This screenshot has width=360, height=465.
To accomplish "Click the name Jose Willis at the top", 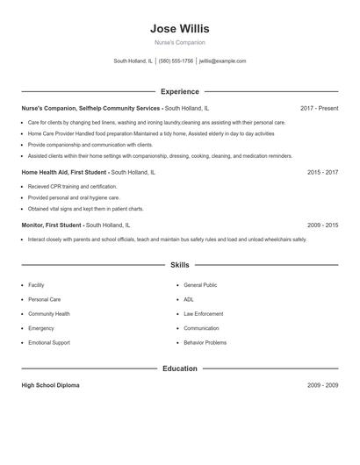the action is [x=180, y=28].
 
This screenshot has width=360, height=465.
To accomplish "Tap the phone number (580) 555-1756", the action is [x=176, y=61].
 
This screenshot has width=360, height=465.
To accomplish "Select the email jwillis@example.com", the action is [x=223, y=61].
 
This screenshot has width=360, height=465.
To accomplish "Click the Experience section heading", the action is [x=180, y=91].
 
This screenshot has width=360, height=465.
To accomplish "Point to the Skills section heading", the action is [x=180, y=264].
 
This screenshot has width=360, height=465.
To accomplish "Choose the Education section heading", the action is [x=180, y=368].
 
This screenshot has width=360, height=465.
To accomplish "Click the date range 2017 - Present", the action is [x=319, y=108].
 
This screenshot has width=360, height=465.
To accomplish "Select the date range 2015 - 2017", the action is [x=322, y=173].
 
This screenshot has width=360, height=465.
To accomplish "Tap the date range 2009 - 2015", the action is [x=322, y=225].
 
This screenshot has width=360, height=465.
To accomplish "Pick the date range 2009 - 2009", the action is [x=322, y=386].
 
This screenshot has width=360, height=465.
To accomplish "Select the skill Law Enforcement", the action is [x=204, y=314].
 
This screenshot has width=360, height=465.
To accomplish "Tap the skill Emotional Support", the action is [x=49, y=343].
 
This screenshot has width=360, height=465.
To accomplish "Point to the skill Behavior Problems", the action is [x=205, y=343].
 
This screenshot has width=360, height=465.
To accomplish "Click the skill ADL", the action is [x=189, y=299].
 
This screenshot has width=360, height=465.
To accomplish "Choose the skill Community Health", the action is [x=49, y=314].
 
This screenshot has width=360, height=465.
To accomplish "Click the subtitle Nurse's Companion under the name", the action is [x=180, y=42].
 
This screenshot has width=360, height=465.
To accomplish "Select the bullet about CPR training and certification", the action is [x=72, y=187].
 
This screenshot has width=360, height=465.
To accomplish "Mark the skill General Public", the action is [x=200, y=285].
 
